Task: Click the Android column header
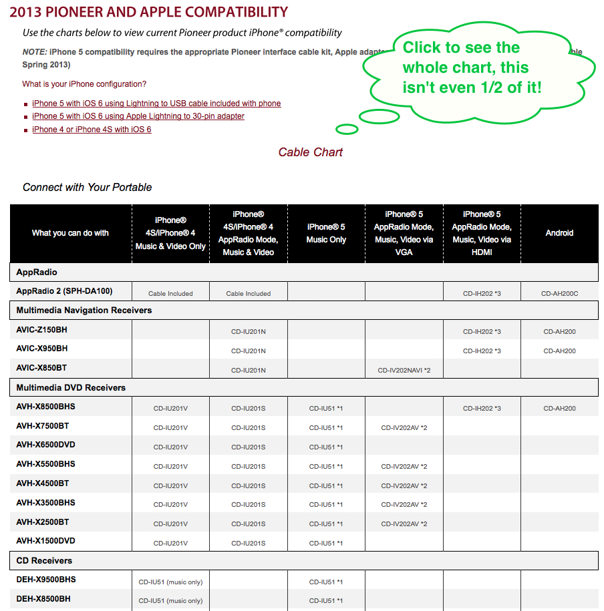(559, 233)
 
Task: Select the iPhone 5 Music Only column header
(326, 233)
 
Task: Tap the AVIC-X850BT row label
(41, 368)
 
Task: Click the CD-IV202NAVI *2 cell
(404, 370)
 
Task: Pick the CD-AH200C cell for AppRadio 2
(559, 293)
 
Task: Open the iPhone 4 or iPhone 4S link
(92, 130)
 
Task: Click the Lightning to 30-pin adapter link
(138, 116)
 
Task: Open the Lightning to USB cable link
(156, 104)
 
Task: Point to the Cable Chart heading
(310, 152)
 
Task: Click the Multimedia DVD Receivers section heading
(71, 387)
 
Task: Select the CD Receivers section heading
(44, 560)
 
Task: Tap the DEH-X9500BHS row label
(46, 580)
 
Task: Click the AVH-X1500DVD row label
(45, 541)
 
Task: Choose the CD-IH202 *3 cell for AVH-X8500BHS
(481, 408)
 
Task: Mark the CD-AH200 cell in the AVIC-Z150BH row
(559, 331)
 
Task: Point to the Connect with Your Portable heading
(88, 187)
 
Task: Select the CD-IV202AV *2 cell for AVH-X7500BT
(404, 427)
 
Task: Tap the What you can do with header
(70, 233)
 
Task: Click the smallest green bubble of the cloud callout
(347, 129)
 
